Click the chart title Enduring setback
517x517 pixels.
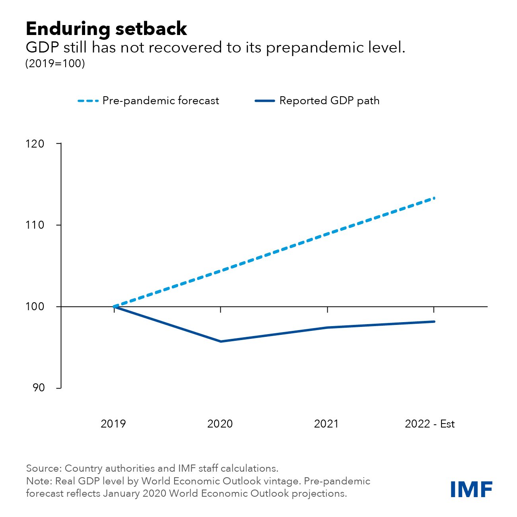pyautogui.click(x=106, y=29)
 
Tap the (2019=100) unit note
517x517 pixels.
pyautogui.click(x=55, y=64)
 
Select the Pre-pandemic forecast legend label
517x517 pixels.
pyautogui.click(x=161, y=101)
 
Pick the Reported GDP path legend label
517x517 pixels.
pyautogui.click(x=329, y=101)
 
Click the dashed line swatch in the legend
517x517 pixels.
pyautogui.click(x=88, y=101)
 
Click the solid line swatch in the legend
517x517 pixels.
pyautogui.click(x=264, y=101)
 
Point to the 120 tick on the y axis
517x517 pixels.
pyautogui.click(x=35, y=144)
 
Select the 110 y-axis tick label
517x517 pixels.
pyautogui.click(x=35, y=225)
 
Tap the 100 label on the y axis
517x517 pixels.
pyautogui.click(x=35, y=307)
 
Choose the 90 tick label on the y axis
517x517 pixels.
pyautogui.click(x=39, y=388)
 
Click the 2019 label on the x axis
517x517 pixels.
pyautogui.click(x=113, y=424)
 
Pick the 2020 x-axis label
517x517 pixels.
pyautogui.click(x=220, y=424)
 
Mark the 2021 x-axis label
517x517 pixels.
pyautogui.click(x=326, y=424)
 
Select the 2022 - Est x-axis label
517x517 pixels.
pyautogui.click(x=430, y=424)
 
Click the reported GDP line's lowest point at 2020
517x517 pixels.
pyautogui.click(x=221, y=341)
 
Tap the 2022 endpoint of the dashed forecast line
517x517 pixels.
pyautogui.click(x=434, y=198)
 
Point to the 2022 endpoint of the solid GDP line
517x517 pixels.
pyautogui.click(x=434, y=321)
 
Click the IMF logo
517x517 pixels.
pyautogui.click(x=471, y=489)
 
